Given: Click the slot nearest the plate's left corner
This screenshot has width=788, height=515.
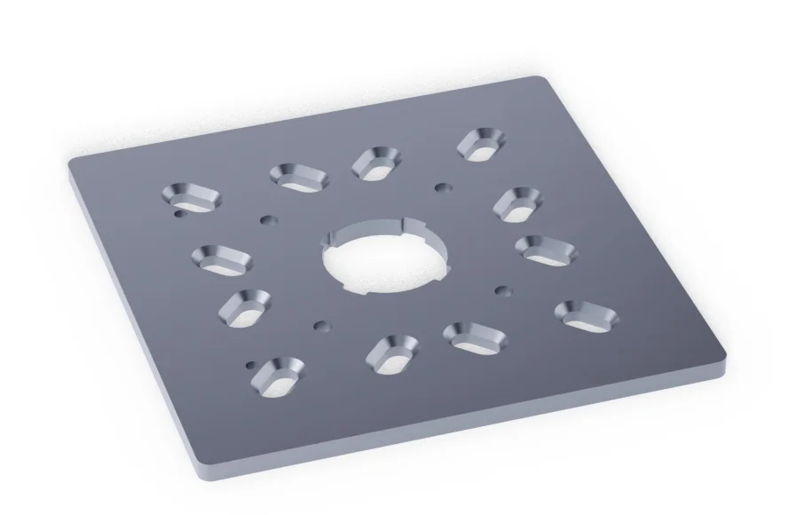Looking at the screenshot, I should click(x=190, y=198).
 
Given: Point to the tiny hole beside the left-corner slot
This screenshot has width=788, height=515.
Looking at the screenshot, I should click(x=179, y=214).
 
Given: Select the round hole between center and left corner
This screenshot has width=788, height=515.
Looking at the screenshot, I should click(x=265, y=218).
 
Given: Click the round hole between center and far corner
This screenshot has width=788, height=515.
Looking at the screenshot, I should click(x=441, y=187).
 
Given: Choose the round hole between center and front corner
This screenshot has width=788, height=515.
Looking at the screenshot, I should click(x=320, y=326).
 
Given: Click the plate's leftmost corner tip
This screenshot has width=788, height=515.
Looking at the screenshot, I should click(x=71, y=162).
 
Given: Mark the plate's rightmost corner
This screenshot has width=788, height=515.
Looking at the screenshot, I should click(x=723, y=360).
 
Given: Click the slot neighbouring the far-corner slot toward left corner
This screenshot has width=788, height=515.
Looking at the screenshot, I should click(x=376, y=163).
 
